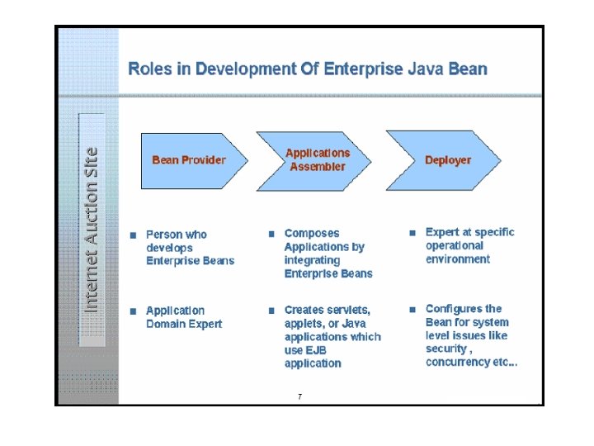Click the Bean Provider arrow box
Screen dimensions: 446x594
[190, 160]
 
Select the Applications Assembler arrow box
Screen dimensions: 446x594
[317, 160]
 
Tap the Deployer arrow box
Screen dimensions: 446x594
[445, 160]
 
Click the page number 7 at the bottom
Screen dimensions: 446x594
[299, 397]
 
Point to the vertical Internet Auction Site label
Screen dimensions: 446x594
[92, 229]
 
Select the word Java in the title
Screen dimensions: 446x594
[431, 69]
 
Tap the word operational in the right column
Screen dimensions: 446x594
[455, 246]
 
